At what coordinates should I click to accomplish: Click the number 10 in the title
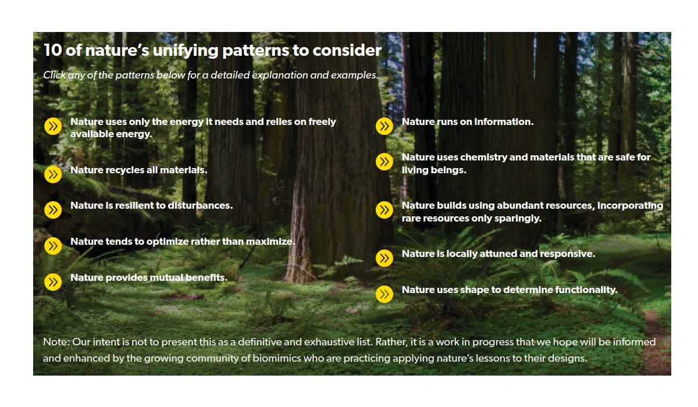(53, 50)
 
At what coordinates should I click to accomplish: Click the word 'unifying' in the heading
(186, 51)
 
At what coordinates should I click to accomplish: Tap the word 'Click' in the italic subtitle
(54, 75)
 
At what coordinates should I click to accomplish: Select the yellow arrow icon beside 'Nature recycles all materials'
(53, 174)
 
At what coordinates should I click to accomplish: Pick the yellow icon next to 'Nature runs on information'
(384, 126)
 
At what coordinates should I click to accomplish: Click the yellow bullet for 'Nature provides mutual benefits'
(53, 282)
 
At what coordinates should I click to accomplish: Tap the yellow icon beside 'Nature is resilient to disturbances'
(53, 210)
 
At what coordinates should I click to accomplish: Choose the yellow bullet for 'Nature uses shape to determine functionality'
(384, 294)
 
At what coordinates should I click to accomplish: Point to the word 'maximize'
(270, 242)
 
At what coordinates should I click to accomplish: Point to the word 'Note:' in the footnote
(56, 342)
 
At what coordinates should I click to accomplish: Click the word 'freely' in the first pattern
(322, 122)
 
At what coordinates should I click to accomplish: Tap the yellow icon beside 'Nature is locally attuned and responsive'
(384, 258)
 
